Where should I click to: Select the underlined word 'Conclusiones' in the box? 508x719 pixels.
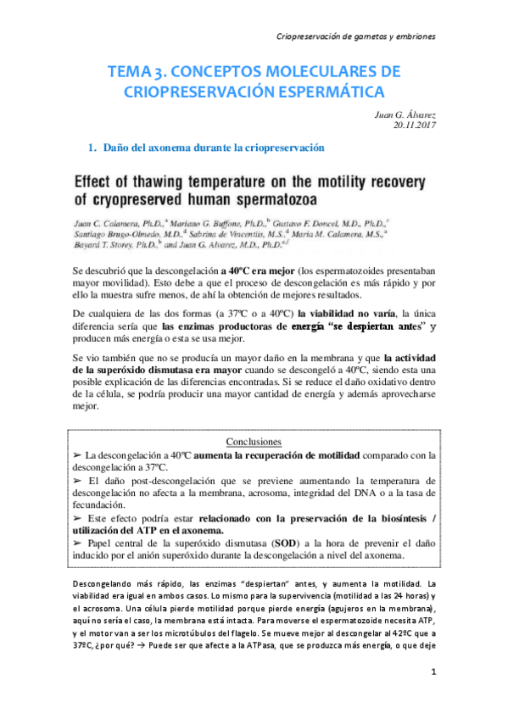(x=254, y=442)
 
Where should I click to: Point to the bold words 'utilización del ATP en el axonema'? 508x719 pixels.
(x=149, y=530)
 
